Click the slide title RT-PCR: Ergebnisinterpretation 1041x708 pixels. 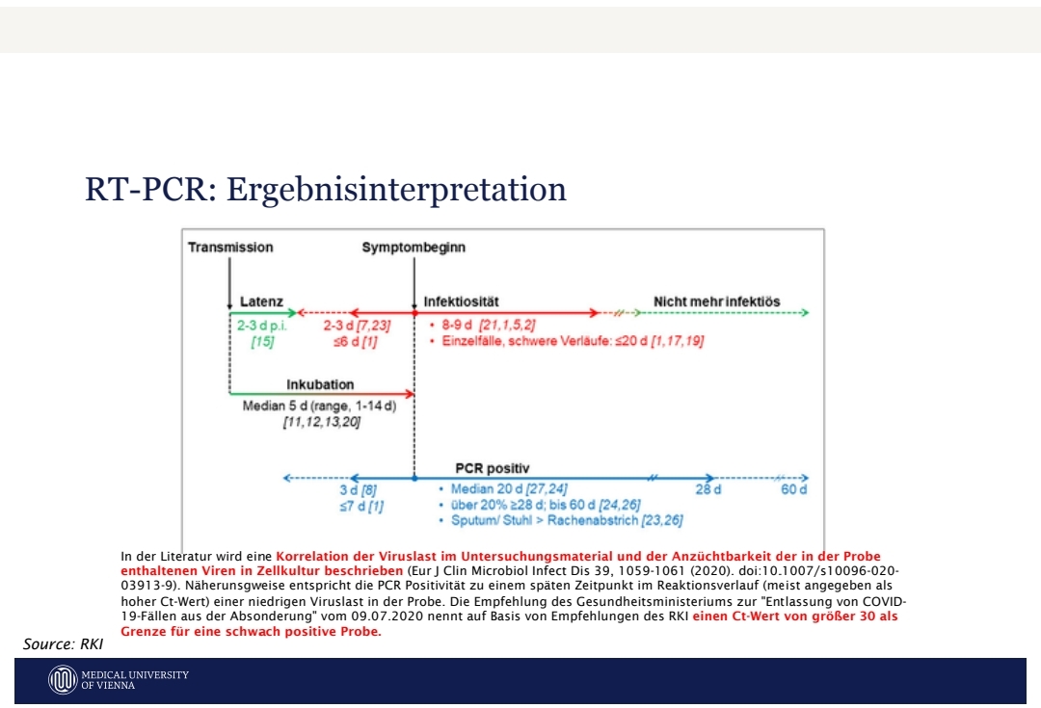click(326, 190)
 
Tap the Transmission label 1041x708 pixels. click(230, 248)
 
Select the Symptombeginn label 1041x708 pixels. click(414, 248)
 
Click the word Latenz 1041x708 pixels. click(261, 302)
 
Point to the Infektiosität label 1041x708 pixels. click(462, 302)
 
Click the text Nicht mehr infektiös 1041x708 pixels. click(717, 302)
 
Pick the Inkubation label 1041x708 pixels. click(320, 385)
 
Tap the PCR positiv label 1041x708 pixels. click(493, 468)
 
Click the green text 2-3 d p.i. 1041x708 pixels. click(262, 326)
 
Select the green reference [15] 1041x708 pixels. click(262, 342)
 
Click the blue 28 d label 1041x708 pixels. click(708, 489)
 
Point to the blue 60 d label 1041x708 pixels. click(794, 489)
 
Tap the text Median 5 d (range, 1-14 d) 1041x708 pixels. click(319, 406)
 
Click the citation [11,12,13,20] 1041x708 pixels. click(322, 422)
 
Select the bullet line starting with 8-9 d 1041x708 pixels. click(483, 326)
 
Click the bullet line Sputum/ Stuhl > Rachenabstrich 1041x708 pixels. click(561, 520)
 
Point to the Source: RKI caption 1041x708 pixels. click(63, 644)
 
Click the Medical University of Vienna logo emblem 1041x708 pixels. click(63, 680)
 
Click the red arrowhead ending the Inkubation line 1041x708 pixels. click(410, 394)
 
